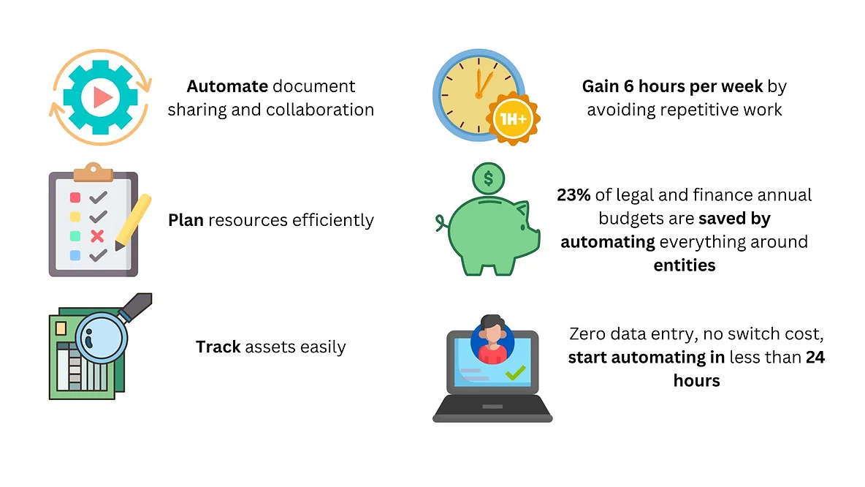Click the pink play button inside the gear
[102, 97]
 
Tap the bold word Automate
[227, 86]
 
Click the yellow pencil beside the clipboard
[133, 222]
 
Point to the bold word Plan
[186, 220]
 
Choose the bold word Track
[218, 347]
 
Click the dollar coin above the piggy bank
[488, 176]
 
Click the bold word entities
[684, 265]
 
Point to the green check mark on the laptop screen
[516, 374]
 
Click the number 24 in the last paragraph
[815, 358]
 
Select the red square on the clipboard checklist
[75, 197]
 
